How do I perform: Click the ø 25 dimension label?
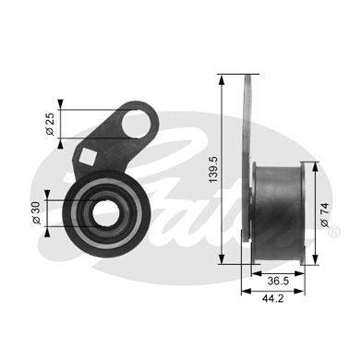(x=51, y=124)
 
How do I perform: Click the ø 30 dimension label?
(x=37, y=213)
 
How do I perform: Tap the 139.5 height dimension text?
(x=213, y=170)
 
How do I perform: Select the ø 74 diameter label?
(x=324, y=215)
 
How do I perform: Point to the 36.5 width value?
(x=278, y=281)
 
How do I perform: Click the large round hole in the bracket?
(x=136, y=125)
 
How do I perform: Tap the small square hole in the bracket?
(x=88, y=156)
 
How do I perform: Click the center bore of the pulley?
(x=105, y=213)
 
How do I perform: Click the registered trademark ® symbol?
(x=334, y=232)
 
